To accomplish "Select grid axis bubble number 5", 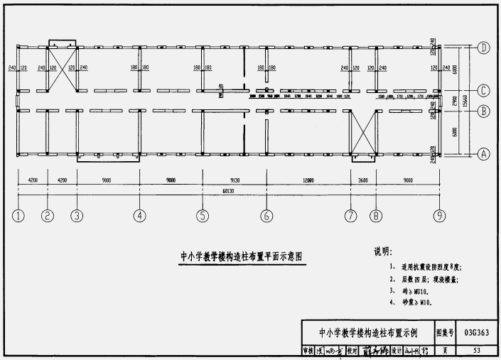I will (x=203, y=216).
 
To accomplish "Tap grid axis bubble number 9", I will (x=441, y=216).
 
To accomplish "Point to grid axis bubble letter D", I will (x=483, y=48).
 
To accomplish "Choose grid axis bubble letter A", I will (x=483, y=153).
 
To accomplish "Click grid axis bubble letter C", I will (x=483, y=90).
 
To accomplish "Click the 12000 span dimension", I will (x=308, y=180).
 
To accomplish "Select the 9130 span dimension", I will (x=235, y=180).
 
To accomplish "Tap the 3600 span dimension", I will (x=362, y=180).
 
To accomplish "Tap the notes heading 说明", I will (x=382, y=251).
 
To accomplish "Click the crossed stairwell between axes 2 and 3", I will (x=62, y=70).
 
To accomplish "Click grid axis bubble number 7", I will (x=350, y=216).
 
